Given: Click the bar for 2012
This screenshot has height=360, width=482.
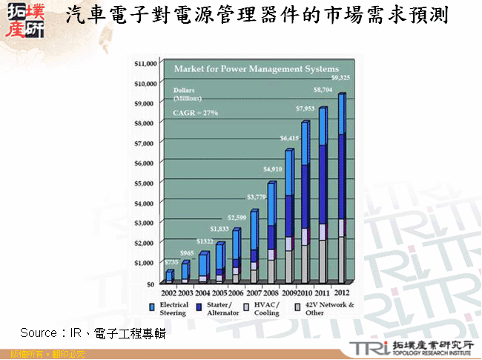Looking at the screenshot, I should point(342,189).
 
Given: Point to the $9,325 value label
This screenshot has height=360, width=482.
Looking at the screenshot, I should point(341,77).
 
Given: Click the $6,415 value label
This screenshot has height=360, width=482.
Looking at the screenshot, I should point(290,138).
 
